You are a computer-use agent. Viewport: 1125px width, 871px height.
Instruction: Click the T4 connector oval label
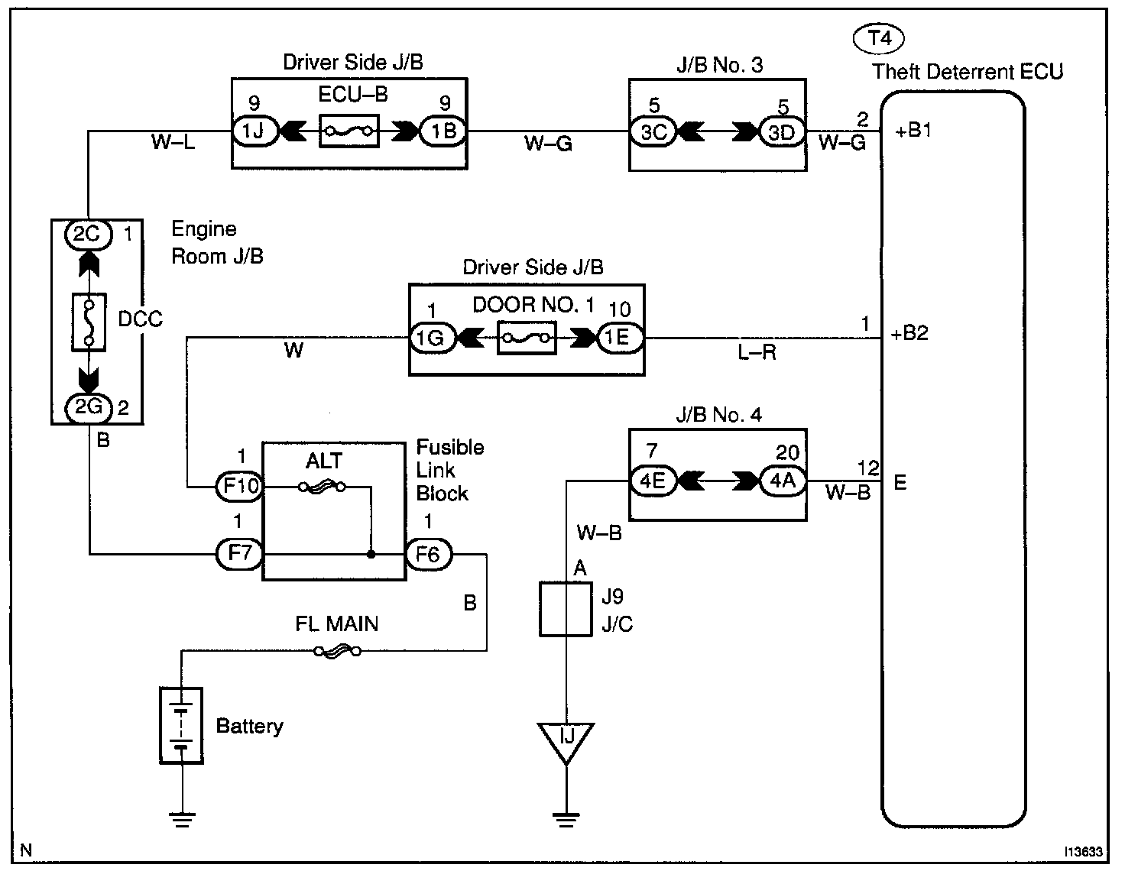pos(878,39)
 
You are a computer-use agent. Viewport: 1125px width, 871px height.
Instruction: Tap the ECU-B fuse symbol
pos(349,131)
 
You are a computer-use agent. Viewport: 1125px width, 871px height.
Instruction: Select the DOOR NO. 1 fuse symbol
pos(527,338)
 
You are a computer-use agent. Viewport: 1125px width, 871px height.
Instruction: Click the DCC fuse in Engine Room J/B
pos(89,322)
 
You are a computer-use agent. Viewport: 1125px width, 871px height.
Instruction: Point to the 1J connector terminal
pos(255,131)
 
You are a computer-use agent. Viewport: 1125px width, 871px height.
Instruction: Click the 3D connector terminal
pos(782,132)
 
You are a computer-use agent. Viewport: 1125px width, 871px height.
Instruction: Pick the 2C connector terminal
pos(88,235)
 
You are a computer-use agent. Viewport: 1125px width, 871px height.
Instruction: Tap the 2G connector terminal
pos(89,408)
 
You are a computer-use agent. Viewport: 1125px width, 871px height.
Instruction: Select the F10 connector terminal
pos(240,487)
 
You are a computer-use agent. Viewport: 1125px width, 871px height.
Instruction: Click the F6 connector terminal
pos(428,555)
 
